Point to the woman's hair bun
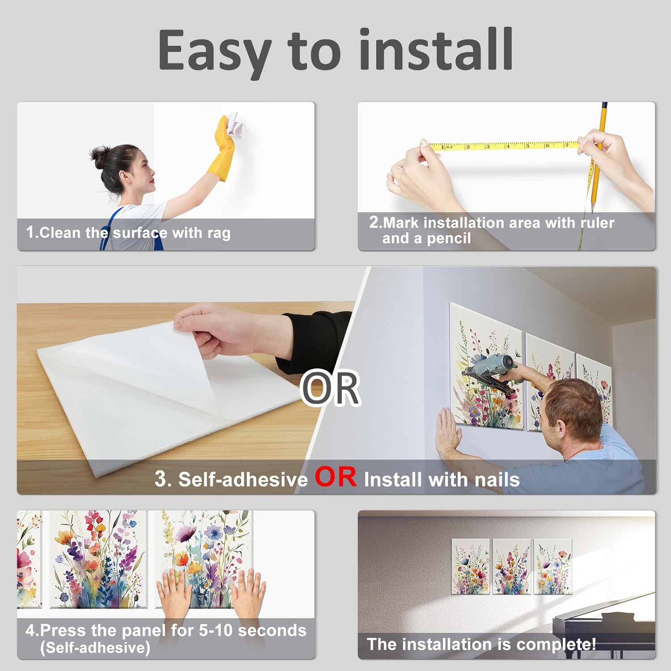[x=98, y=155]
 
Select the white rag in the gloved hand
[x=235, y=125]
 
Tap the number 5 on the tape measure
[x=527, y=145]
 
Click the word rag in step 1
[x=219, y=234]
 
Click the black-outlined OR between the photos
[x=330, y=388]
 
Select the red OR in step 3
[x=335, y=477]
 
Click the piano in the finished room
[x=604, y=631]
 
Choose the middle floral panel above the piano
[x=512, y=566]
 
